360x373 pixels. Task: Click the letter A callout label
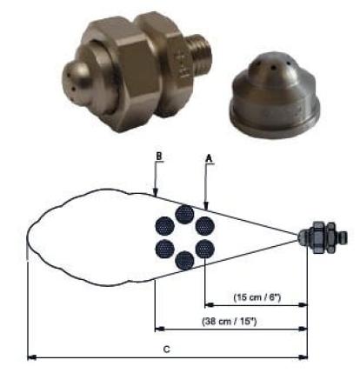point(209,158)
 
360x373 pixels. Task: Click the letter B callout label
point(159,156)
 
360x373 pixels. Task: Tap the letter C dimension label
point(166,349)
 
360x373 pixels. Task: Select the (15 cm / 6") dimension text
point(257,297)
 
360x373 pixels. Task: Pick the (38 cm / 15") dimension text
point(230,321)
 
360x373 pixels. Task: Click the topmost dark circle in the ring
point(185,214)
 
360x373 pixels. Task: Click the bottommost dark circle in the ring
point(185,261)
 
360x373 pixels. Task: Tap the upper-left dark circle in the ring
point(164,226)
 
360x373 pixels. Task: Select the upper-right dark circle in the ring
point(205,226)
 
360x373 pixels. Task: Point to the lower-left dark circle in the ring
point(164,249)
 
